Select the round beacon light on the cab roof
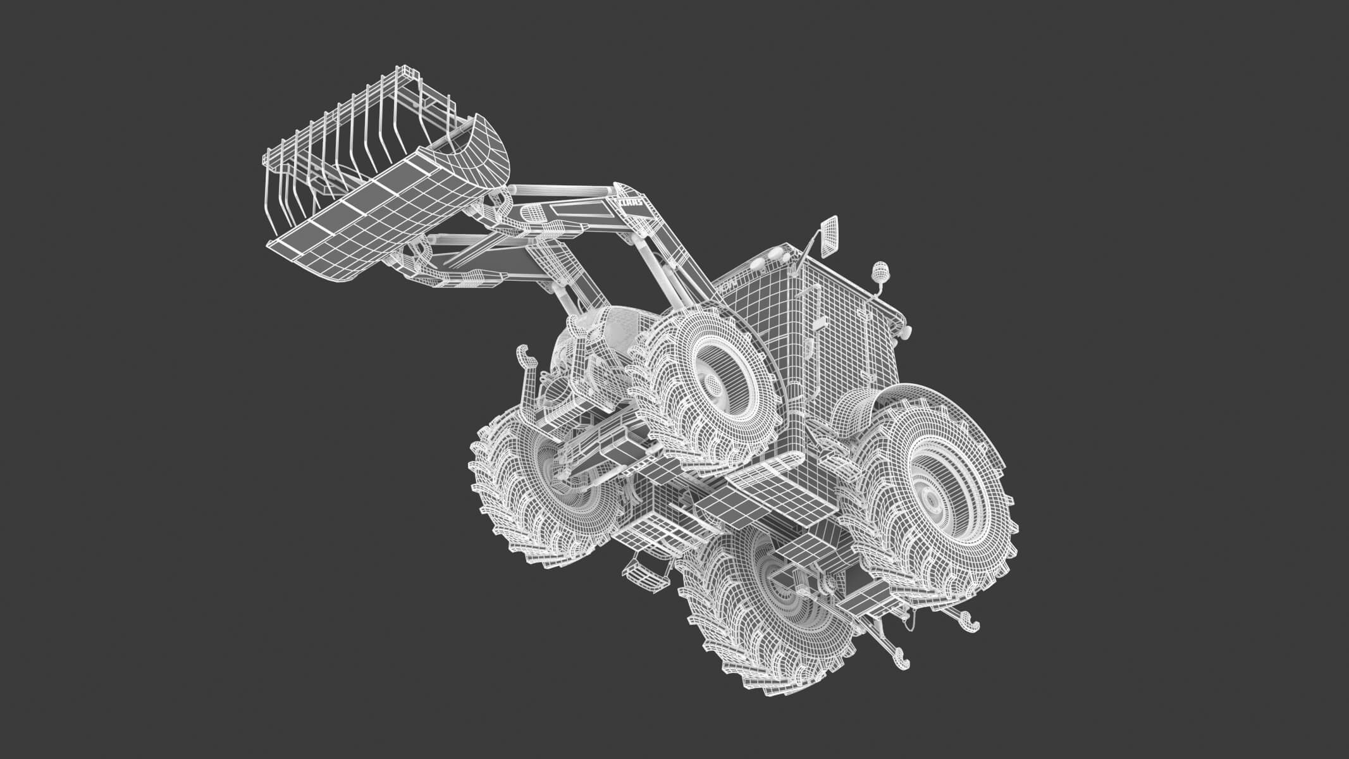click(880, 275)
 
